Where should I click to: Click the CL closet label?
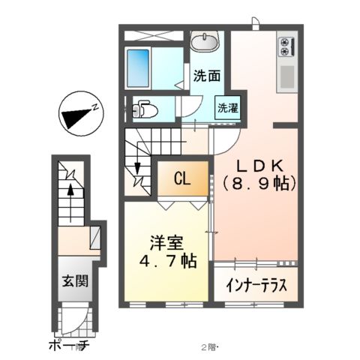pos(181,178)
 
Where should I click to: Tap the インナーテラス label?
pos(256,286)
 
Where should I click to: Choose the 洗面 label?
pos(206,75)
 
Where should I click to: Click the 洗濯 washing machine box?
pos(227,107)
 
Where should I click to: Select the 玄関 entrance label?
pos(73,283)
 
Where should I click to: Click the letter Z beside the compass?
pos(96,106)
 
